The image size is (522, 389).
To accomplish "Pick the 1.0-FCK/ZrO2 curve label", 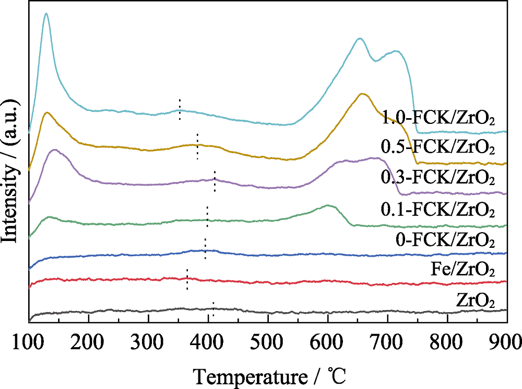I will pyautogui.click(x=437, y=117).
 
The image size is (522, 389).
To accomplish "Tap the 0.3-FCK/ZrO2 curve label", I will pyautogui.click(x=437, y=179).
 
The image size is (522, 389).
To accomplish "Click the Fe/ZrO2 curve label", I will pyautogui.click(x=462, y=271).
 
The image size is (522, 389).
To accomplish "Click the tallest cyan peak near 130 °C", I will pyautogui.click(x=46, y=14).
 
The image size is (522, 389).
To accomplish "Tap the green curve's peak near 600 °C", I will pyautogui.click(x=327, y=205).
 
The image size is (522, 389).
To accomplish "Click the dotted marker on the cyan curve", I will pyautogui.click(x=180, y=109).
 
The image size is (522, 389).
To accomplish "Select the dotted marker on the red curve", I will pyautogui.click(x=187, y=279).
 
